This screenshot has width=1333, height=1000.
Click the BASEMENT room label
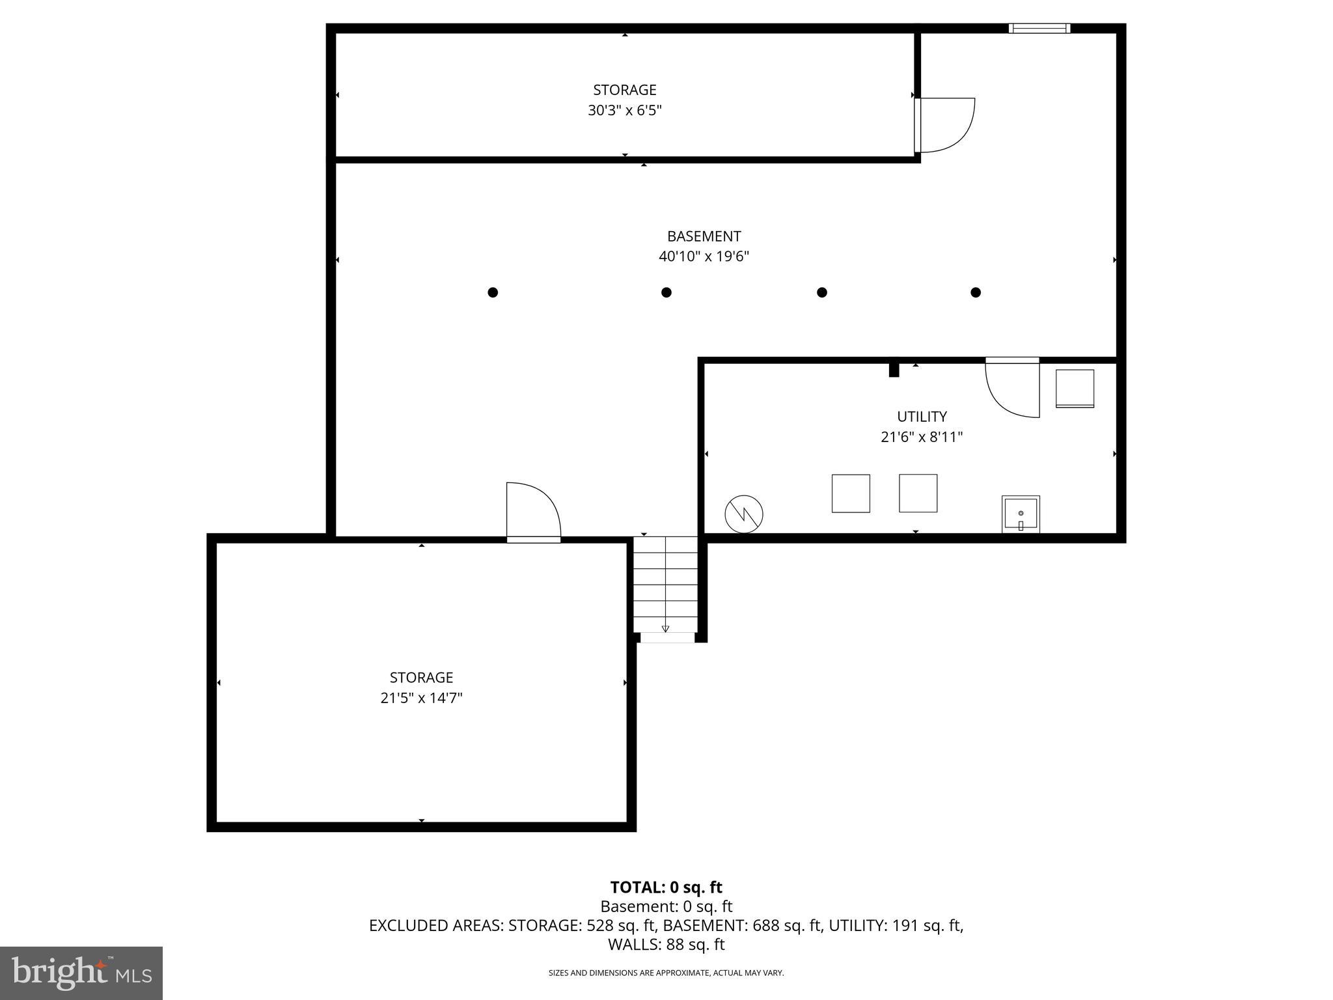tap(704, 236)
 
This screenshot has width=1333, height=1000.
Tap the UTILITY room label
tap(922, 417)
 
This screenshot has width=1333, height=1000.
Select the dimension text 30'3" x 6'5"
tap(624, 111)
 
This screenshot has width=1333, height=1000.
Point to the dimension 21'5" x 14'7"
tap(421, 699)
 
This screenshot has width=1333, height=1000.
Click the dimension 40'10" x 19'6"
tap(704, 257)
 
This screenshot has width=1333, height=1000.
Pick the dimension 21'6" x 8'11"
tap(922, 437)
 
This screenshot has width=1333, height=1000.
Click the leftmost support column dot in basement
tap(493, 292)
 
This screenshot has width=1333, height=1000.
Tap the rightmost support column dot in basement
tap(975, 292)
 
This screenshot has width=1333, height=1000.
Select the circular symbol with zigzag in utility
tap(743, 514)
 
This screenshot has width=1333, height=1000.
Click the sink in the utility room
tap(1020, 514)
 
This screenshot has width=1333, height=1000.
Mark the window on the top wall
tap(1039, 28)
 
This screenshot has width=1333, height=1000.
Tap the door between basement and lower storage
tap(533, 512)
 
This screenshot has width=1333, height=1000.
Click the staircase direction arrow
tap(665, 628)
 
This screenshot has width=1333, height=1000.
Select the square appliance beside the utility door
tap(1075, 389)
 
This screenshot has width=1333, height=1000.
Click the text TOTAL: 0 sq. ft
tap(666, 887)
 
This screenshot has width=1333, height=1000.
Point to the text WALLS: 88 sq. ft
tap(666, 944)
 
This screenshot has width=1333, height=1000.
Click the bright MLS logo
tap(81, 973)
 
